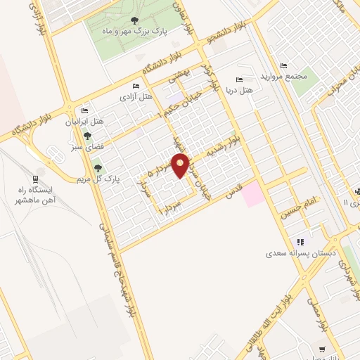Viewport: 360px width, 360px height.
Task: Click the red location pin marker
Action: pos(181,166)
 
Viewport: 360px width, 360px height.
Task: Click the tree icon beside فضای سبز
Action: pos(88,137)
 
